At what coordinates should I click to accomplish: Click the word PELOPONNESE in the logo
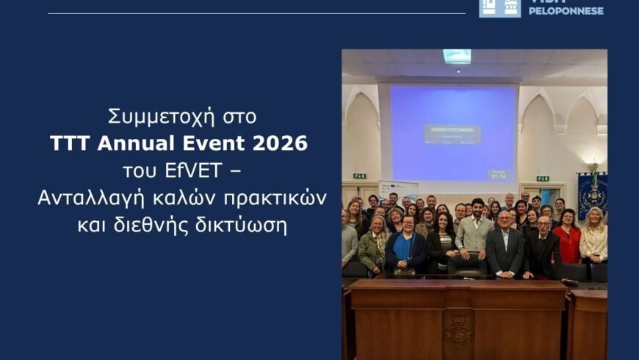coord(566,11)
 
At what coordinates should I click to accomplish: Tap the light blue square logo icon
coord(499,7)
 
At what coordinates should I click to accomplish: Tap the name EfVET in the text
coord(192,170)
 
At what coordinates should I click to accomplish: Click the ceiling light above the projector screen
coord(457,56)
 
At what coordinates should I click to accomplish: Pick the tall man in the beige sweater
coord(475,228)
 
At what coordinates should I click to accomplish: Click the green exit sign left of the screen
coord(359,176)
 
